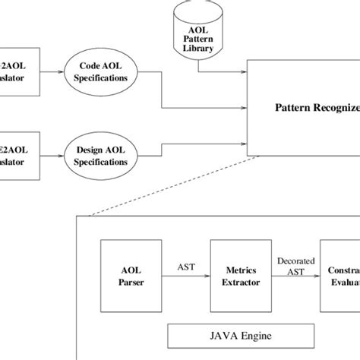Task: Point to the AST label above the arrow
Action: [184, 266]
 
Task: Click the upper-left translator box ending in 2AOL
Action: [19, 72]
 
